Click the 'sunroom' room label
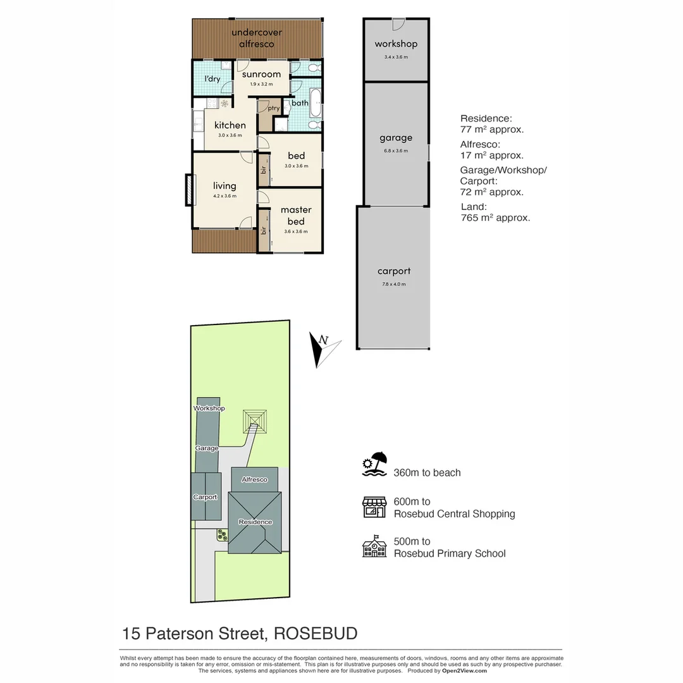pyautogui.click(x=261, y=75)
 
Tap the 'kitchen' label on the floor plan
pyautogui.click(x=230, y=125)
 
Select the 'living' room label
pyautogui.click(x=225, y=185)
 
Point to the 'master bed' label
pyautogui.click(x=296, y=216)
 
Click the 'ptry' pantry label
pyautogui.click(x=273, y=108)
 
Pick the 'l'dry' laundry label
pyautogui.click(x=212, y=79)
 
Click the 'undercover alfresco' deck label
pyautogui.click(x=257, y=38)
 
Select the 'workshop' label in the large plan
pyautogui.click(x=396, y=44)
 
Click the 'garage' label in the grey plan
pyautogui.click(x=396, y=138)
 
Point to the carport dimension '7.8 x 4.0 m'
pyautogui.click(x=395, y=284)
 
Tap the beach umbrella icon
pyautogui.click(x=376, y=465)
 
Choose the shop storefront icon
pyautogui.click(x=374, y=507)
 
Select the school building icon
pyautogui.click(x=374, y=546)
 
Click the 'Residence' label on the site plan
pyautogui.click(x=255, y=522)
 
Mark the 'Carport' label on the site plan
pyautogui.click(x=205, y=497)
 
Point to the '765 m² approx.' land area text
pyautogui.click(x=495, y=218)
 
